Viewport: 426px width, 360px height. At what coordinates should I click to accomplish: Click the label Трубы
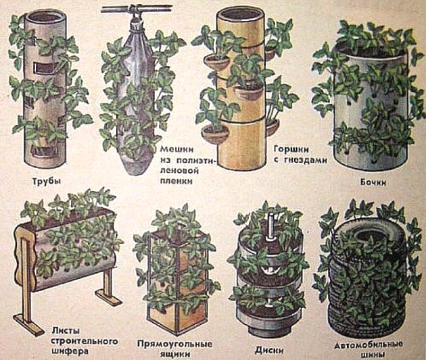pyautogui.click(x=47, y=181)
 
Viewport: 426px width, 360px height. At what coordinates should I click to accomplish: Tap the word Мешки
pyautogui.click(x=176, y=149)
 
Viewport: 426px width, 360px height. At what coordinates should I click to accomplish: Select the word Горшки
pyautogui.click(x=291, y=149)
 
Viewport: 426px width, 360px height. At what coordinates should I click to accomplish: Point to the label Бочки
pyautogui.click(x=373, y=182)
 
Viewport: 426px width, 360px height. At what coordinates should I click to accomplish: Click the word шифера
pyautogui.click(x=70, y=351)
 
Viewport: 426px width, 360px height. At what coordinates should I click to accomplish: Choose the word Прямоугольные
pyautogui.click(x=174, y=344)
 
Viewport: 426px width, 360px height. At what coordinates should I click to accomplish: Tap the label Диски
pyautogui.click(x=269, y=350)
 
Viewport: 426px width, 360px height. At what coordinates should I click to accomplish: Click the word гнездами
pyautogui.click(x=304, y=160)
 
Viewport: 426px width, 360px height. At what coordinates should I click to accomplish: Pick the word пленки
pyautogui.click(x=176, y=181)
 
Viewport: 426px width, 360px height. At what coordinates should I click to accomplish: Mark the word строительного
pyautogui.click(x=85, y=341)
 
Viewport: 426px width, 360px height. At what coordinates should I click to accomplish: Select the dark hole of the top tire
pyautogui.click(x=371, y=236)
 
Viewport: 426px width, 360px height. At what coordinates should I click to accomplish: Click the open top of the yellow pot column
pyautogui.click(x=240, y=12)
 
